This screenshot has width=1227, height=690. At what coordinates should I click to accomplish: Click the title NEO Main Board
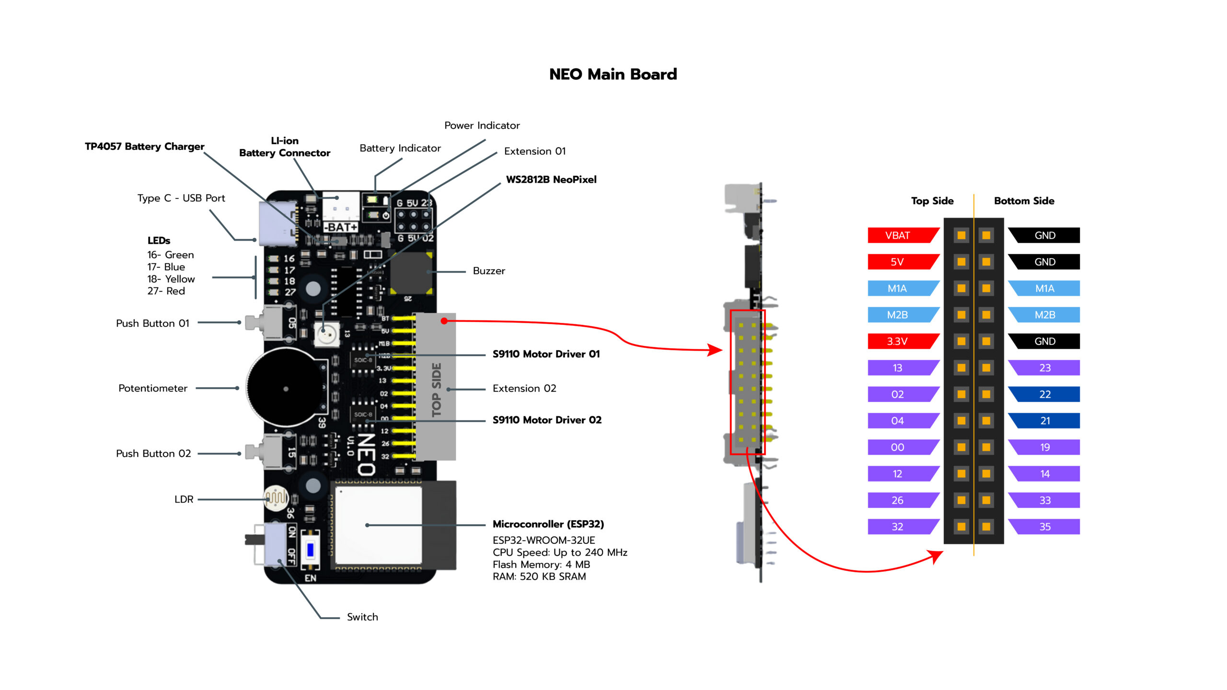point(613,74)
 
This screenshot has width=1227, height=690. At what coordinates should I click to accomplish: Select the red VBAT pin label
point(897,235)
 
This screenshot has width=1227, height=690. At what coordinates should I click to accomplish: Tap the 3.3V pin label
point(897,341)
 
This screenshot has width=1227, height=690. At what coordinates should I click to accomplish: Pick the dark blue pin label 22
point(1045,394)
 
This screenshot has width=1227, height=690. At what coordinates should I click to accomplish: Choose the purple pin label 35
point(1045,527)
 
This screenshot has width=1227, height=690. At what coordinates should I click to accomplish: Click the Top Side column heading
point(932,201)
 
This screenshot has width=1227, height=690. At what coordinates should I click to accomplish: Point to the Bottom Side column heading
point(1024,201)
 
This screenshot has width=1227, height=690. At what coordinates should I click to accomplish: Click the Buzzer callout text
point(489,271)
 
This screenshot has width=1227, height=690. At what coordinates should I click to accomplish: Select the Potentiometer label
point(153,388)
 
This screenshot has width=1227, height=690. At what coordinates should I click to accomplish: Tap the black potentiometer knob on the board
point(286,388)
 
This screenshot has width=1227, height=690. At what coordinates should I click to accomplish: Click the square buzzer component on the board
point(411,273)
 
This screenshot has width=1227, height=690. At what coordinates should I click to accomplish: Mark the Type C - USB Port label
point(181,198)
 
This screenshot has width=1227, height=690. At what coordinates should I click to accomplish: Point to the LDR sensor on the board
point(276,498)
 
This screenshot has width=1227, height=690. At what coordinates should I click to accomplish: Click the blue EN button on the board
point(310,550)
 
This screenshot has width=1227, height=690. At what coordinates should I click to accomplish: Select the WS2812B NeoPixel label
point(551,180)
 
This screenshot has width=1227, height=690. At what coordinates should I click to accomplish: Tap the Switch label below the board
point(362,617)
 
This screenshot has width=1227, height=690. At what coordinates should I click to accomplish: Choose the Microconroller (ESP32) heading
point(548,524)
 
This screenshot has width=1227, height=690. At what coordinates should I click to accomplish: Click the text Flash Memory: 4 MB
point(541,564)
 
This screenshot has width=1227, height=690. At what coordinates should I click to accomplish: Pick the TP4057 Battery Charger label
point(144,146)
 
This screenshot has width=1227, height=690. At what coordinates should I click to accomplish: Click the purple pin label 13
point(897,368)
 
